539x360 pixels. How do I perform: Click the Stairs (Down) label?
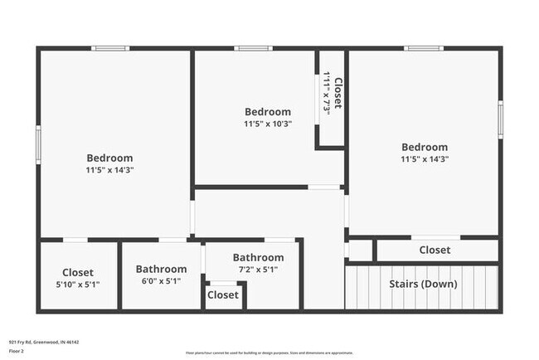423,285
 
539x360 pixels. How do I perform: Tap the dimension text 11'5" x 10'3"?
268,124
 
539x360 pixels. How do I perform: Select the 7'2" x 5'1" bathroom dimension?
258,270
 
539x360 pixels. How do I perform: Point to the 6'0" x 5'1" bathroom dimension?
161,281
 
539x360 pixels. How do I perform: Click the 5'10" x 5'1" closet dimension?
78,285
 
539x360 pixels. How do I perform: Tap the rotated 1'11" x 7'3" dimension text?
328,94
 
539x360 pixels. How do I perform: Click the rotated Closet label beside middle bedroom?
338,94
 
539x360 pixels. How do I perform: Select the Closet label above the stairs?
435,250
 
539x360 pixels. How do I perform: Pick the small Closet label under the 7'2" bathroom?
222,295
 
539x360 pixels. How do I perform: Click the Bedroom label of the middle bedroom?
268,112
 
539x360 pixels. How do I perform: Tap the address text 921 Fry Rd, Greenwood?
43,342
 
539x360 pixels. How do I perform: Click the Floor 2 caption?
17,351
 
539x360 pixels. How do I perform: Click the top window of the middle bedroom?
253,48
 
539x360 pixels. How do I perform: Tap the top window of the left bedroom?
110,48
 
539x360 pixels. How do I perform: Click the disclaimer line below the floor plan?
269,353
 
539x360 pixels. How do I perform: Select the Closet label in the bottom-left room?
78,272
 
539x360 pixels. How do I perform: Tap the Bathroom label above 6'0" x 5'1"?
161,269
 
